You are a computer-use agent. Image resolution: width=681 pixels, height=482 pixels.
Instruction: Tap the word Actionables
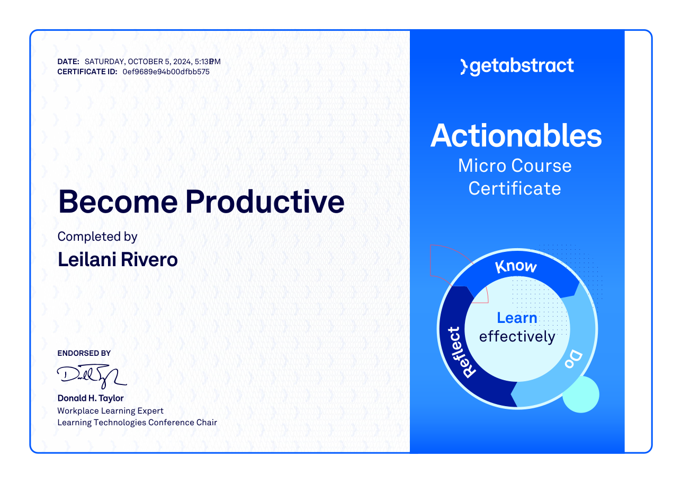[516, 136]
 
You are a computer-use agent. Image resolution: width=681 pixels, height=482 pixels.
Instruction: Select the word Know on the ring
[516, 266]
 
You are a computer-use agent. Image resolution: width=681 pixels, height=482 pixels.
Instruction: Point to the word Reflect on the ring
[460, 352]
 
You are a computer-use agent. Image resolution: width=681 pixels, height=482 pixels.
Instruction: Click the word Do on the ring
[574, 360]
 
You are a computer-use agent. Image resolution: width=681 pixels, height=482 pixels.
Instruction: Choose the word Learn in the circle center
[517, 318]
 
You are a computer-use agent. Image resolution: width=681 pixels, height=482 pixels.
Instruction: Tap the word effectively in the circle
[517, 337]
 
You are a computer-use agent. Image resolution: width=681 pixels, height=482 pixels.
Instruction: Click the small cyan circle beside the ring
[581, 395]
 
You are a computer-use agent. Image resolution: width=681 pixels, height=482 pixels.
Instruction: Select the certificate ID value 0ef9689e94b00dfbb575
[166, 72]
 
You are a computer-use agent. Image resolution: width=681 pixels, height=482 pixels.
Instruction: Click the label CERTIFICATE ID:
[87, 72]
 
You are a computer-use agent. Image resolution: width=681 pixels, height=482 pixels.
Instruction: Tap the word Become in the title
[118, 201]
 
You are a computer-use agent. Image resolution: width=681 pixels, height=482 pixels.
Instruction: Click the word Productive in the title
[265, 201]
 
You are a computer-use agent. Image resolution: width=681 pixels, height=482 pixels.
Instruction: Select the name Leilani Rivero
[118, 260]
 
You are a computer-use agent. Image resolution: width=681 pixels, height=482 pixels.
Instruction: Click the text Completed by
[97, 237]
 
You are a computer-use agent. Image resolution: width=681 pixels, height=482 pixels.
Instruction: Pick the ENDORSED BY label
[84, 353]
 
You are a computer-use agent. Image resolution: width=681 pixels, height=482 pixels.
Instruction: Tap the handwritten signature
[92, 376]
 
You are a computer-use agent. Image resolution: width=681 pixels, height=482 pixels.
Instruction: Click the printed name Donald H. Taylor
[91, 398]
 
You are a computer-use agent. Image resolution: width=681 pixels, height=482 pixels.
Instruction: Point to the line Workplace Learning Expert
[110, 411]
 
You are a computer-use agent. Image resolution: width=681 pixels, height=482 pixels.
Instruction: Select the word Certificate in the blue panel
[515, 188]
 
